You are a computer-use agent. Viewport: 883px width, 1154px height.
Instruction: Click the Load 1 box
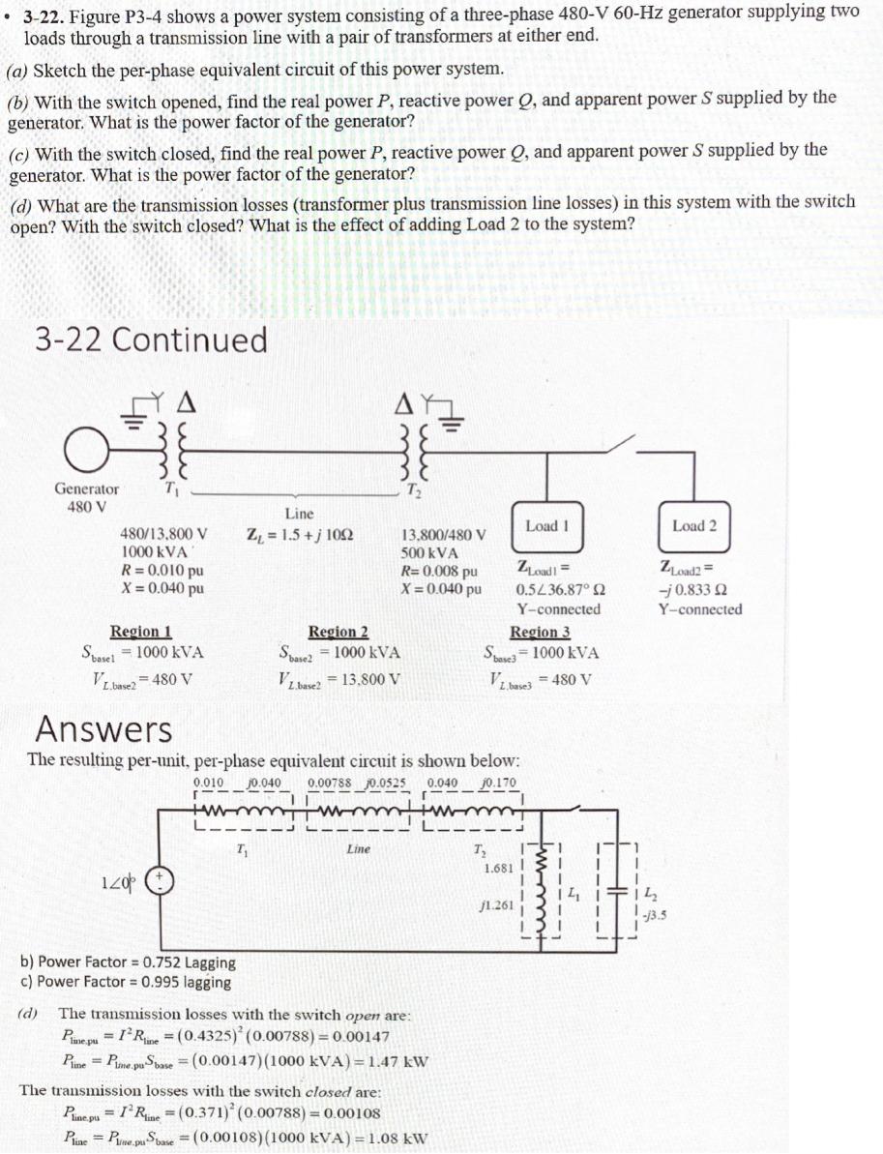coord(546,526)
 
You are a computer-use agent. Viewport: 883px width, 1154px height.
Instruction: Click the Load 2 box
coord(694,526)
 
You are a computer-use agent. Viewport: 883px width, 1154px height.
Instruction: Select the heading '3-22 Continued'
coord(151,340)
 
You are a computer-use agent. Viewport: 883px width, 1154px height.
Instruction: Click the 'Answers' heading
coord(103,728)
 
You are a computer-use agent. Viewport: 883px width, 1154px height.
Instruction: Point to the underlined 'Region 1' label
coord(141,632)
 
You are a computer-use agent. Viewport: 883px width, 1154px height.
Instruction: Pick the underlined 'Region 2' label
coord(338,632)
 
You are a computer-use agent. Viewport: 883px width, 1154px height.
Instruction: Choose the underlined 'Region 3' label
coord(540,632)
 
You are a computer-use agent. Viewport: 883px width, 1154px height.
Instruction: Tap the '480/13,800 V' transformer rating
coord(163,533)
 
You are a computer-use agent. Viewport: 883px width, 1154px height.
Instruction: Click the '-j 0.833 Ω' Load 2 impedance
coord(692,589)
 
